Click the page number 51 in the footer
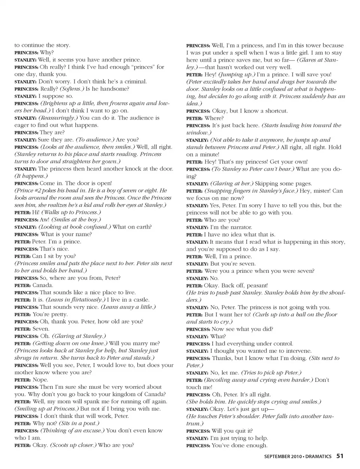pos(340,456)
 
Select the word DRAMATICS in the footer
pos(318,456)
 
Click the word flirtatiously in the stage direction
pos(85,300)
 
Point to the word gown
pos(111,162)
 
